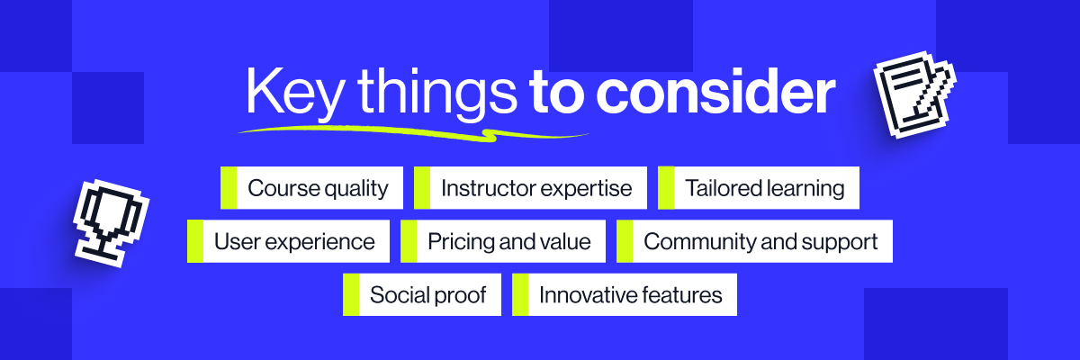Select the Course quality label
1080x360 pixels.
coord(318,188)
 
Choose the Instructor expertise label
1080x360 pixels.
coord(537,188)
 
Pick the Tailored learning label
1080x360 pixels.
coord(765,188)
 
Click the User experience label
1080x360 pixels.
coord(294,241)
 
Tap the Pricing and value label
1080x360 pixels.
coord(509,241)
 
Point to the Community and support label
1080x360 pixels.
coord(760,241)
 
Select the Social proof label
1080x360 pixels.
coord(428,295)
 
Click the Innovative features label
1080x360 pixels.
coord(630,295)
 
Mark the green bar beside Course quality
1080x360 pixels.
coord(229,188)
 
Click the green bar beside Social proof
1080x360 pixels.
coord(351,295)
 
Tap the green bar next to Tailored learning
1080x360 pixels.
coord(666,188)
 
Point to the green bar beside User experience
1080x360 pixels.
coord(195,241)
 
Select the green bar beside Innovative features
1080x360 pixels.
coord(520,295)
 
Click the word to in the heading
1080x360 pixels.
coord(558,94)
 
